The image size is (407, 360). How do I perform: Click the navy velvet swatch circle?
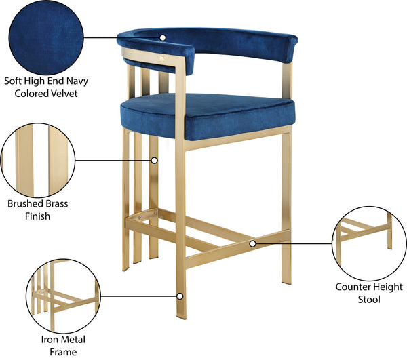point(46,37)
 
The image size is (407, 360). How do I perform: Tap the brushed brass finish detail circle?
point(38,160)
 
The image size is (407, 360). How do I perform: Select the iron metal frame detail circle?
point(63,296)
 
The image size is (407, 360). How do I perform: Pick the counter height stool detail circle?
point(370,243)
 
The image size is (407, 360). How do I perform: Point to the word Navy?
point(77,81)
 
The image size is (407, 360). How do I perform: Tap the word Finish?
point(37,216)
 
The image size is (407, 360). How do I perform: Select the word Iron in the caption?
point(48,340)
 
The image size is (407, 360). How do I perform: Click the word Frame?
point(63,352)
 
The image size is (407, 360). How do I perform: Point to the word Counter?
point(352,287)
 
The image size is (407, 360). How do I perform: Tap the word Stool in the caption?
point(369,299)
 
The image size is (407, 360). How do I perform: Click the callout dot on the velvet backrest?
point(163,37)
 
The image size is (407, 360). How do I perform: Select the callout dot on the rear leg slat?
point(155,161)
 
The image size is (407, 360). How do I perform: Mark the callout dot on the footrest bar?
point(252,244)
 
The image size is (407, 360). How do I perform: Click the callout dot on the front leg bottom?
point(180,296)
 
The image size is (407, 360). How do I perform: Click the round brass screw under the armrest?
point(162,58)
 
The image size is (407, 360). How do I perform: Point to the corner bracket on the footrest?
point(147,214)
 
